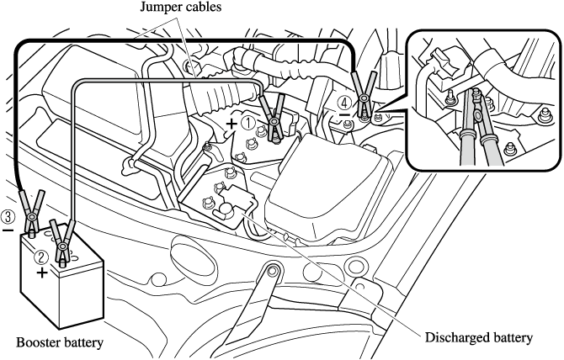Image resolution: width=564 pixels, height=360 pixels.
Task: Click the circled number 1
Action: pos(248,122)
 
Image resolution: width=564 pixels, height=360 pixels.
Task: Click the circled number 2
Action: pos(42,258)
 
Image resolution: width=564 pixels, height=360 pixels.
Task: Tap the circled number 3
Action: pos(8,214)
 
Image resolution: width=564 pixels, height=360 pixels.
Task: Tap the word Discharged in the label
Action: pos(455,338)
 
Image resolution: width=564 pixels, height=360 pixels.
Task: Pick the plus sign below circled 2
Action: pos(42,273)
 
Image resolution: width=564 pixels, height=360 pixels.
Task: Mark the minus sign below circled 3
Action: pos(8,228)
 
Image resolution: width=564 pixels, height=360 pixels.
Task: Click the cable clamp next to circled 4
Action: pos(363,96)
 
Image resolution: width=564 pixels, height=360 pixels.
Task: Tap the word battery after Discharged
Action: pos(512,338)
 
